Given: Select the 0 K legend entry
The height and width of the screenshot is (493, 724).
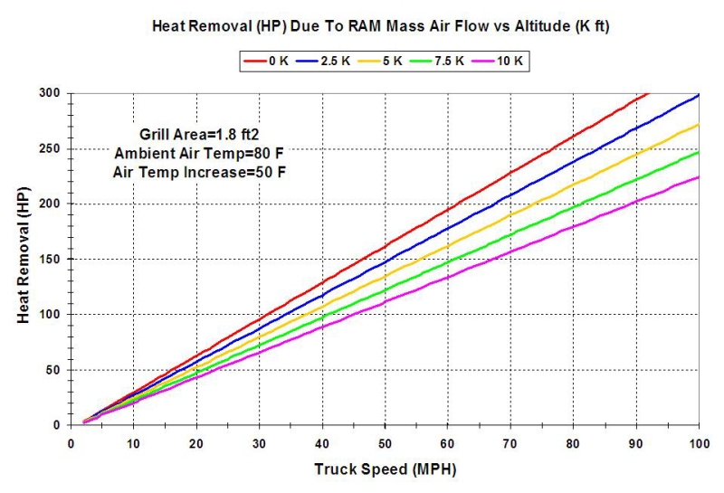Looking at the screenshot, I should coord(268,62).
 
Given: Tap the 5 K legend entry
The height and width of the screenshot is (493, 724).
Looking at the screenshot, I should coord(381,62).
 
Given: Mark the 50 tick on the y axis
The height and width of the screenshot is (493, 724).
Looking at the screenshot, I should coord(54,370).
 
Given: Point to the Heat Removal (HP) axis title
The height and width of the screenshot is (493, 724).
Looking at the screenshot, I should coord(23,259).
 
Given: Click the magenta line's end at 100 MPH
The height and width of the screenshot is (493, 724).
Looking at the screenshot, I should coord(699,177).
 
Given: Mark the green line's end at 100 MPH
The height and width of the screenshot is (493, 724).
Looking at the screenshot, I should coord(699,152).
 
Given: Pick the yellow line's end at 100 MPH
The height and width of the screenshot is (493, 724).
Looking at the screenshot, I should coord(699,125).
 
